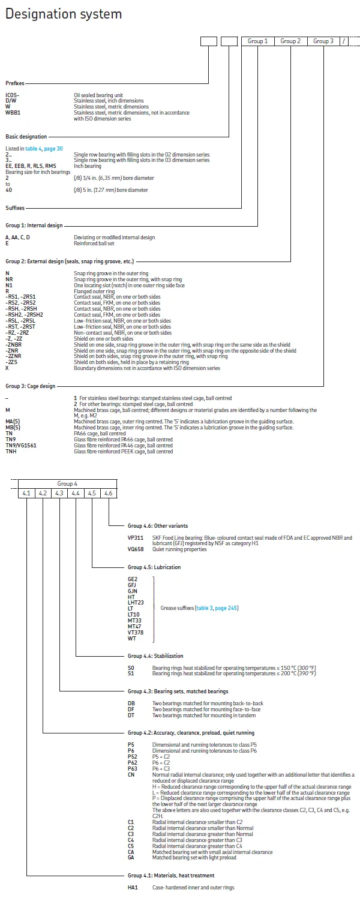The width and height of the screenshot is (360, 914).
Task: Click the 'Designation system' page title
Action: (x=64, y=14)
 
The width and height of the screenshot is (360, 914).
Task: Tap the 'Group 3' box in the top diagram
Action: (x=323, y=41)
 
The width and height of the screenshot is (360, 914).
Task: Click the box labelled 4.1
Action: (x=26, y=493)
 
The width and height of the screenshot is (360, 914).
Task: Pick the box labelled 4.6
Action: (x=108, y=493)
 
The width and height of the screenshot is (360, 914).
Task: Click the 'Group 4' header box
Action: (x=67, y=483)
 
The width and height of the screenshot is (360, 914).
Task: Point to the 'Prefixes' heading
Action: (x=15, y=83)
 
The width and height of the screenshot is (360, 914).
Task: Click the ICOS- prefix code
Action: (x=12, y=95)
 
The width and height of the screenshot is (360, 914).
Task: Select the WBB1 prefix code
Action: (x=13, y=112)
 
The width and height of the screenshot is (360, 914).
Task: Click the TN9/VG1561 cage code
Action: (x=19, y=446)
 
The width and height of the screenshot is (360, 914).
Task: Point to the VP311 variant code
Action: (x=135, y=537)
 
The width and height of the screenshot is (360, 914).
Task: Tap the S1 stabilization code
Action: (x=131, y=673)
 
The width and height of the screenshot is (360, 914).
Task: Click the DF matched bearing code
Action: (x=131, y=709)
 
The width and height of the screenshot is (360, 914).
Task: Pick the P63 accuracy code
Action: (x=133, y=768)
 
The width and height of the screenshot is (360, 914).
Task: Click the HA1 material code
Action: (x=133, y=887)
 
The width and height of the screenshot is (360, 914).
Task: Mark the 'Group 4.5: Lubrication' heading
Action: (x=154, y=567)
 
